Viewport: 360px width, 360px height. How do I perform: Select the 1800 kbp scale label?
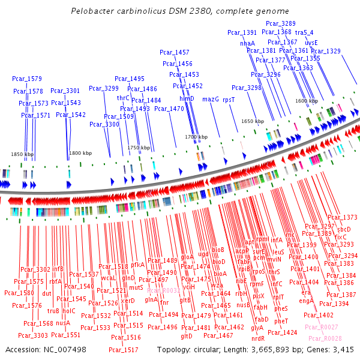(80, 153)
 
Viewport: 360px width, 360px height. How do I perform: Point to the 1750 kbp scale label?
(139, 148)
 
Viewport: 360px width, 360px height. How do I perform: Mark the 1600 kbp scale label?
(307, 101)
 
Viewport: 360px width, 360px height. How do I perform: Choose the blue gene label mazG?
(211, 99)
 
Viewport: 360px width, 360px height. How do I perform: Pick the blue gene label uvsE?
(311, 43)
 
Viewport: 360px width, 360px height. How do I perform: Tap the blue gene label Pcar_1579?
(27, 79)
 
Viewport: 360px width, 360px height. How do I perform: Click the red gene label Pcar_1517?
(124, 349)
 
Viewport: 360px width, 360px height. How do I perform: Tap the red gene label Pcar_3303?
(32, 335)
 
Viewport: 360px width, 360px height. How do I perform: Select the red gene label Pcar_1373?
(342, 217)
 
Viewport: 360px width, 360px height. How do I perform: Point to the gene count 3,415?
(343, 349)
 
